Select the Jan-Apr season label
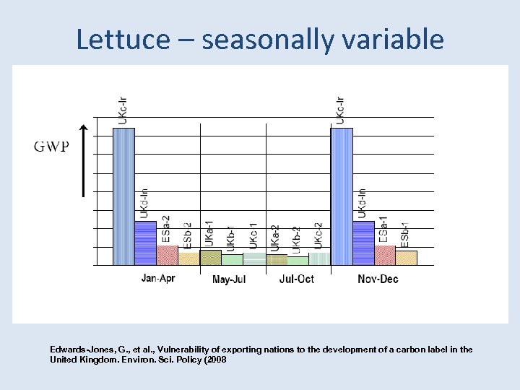157,278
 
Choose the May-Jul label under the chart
229,279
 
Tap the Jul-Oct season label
296,279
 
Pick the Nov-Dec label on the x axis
378,279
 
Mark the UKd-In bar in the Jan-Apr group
145,243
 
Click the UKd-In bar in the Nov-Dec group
363,243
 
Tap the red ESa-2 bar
167,255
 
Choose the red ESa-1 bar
385,255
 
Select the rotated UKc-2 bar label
318,236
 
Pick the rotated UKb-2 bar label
296,240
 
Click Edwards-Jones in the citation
79,350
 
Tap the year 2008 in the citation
215,359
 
